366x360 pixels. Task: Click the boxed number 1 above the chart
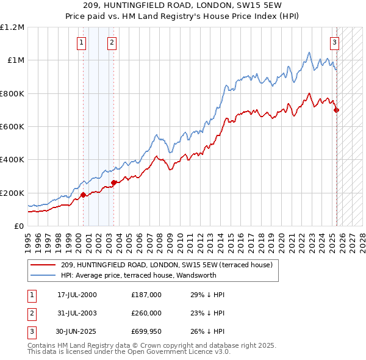click(82, 43)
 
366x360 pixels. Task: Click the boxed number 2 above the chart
click(112, 43)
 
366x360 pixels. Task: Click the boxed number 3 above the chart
click(335, 43)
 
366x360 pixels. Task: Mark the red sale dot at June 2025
click(337, 110)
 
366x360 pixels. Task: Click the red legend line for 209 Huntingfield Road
click(43, 265)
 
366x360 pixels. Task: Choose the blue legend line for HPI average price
click(43, 275)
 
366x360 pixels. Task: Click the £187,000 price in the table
click(146, 295)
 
